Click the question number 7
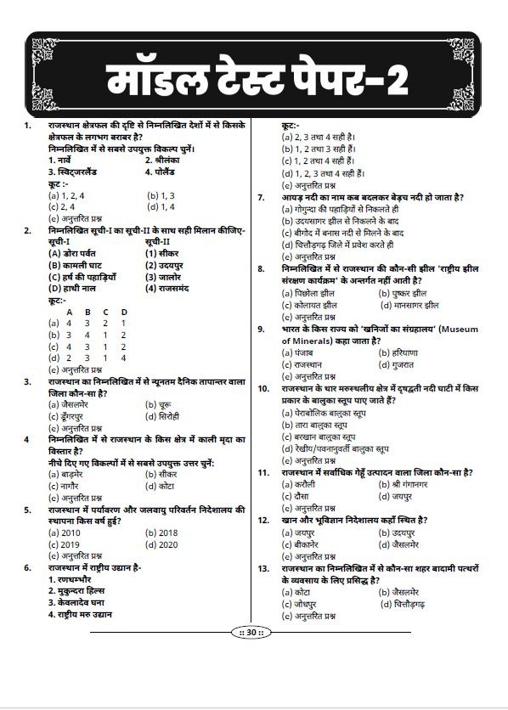262,197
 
